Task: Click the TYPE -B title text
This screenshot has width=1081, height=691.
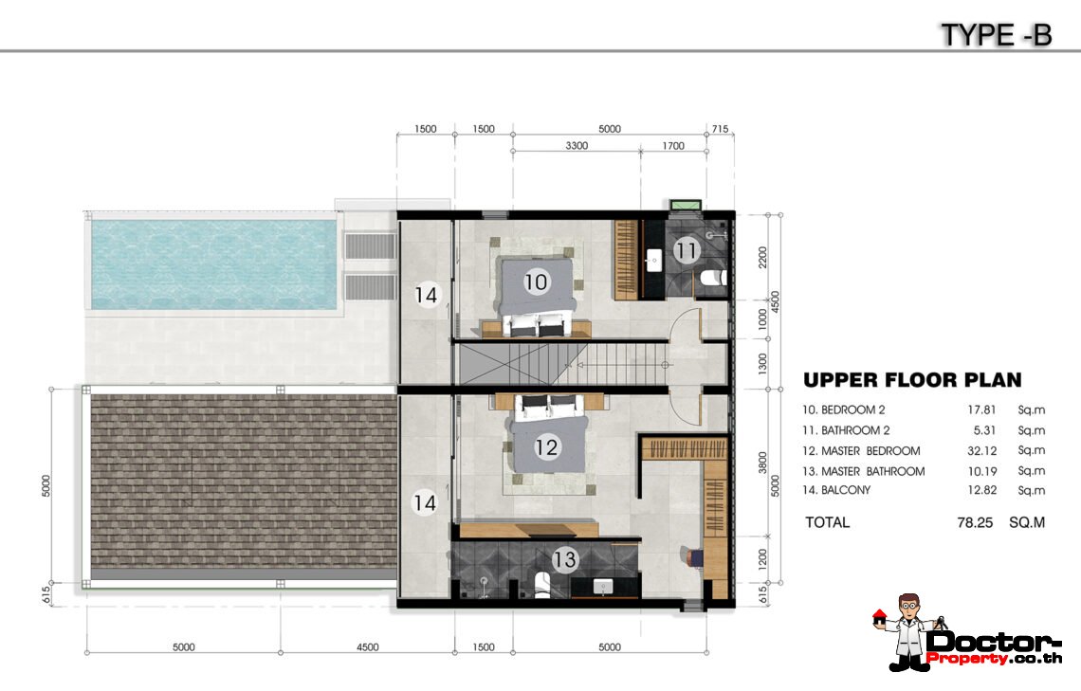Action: click(x=997, y=34)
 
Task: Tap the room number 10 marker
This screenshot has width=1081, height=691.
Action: click(x=536, y=282)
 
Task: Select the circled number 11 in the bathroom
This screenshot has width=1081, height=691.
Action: click(x=686, y=250)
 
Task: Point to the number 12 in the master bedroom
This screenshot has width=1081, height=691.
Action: click(x=546, y=447)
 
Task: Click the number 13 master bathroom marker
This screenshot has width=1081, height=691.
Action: click(x=564, y=558)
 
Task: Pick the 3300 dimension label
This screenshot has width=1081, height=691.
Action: click(x=577, y=145)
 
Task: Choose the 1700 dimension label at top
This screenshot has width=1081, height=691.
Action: click(x=673, y=145)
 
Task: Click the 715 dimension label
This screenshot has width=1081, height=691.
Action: click(x=720, y=129)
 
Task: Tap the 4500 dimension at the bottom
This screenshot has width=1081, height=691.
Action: click(x=368, y=646)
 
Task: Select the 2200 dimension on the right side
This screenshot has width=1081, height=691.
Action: click(x=762, y=257)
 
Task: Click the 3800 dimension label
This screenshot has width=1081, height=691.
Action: click(x=762, y=463)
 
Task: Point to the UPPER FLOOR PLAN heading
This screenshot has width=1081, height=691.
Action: click(x=912, y=379)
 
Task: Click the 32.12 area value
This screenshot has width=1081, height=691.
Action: click(x=981, y=450)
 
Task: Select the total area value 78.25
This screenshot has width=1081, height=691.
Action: click(x=975, y=522)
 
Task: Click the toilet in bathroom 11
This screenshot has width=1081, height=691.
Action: click(x=713, y=278)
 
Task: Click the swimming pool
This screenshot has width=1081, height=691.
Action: click(x=213, y=264)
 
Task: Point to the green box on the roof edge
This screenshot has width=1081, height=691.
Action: click(x=686, y=205)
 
